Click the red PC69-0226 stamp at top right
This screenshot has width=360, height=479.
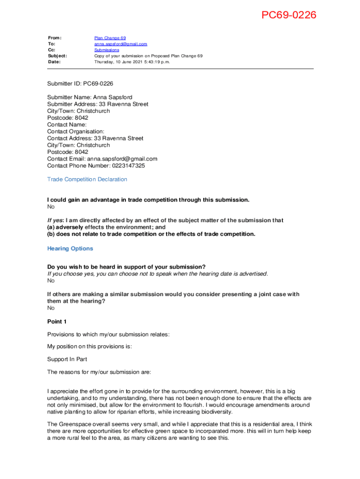[x=288, y=15]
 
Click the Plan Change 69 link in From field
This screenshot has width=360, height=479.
[x=110, y=38]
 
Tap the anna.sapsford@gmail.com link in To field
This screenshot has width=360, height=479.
[x=121, y=44]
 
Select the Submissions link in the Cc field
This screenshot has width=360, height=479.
[x=107, y=50]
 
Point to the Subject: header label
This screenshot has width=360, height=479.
[x=57, y=56]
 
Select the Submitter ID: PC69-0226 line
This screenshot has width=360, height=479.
[x=80, y=84]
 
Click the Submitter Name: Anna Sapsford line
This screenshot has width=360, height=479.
[x=90, y=97]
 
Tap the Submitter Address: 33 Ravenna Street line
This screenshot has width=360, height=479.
[x=98, y=104]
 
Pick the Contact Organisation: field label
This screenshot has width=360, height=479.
[x=76, y=131]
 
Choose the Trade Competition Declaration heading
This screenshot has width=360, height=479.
[x=87, y=179]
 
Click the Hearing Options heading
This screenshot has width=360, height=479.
[x=70, y=248]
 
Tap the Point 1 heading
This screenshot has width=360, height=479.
[x=57, y=321]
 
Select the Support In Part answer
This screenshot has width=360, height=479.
[x=67, y=359]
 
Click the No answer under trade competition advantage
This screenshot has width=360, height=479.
[x=51, y=207]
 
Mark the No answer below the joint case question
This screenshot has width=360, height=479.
[x=51, y=308]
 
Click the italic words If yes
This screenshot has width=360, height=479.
[x=55, y=220]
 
